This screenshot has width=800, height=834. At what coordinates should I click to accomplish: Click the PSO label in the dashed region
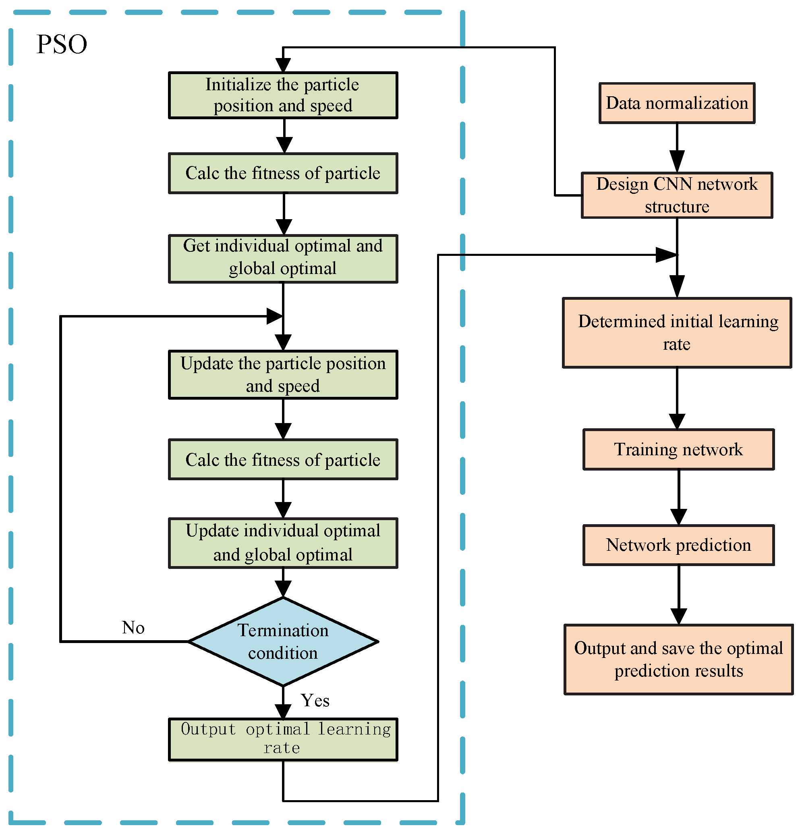tap(62, 44)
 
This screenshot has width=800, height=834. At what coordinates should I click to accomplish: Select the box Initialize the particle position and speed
tap(282, 95)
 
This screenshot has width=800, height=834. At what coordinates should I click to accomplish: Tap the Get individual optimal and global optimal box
tap(282, 258)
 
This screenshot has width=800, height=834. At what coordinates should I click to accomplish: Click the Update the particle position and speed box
tap(282, 374)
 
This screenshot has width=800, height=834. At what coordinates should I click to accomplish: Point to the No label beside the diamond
tap(133, 627)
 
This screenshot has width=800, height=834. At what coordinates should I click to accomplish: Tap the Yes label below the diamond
tap(315, 700)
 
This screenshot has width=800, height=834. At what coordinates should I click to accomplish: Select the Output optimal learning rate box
tap(282, 739)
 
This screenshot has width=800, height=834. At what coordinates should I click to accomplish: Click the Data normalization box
tap(676, 103)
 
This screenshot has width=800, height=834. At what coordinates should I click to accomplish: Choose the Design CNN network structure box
tap(676, 195)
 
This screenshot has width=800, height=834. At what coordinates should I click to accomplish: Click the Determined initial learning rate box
tap(676, 332)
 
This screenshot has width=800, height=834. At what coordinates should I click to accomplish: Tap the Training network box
tap(678, 449)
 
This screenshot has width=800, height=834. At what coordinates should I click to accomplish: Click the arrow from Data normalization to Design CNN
tap(677, 149)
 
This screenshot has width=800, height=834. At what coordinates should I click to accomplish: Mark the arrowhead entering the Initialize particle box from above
tap(283, 65)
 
